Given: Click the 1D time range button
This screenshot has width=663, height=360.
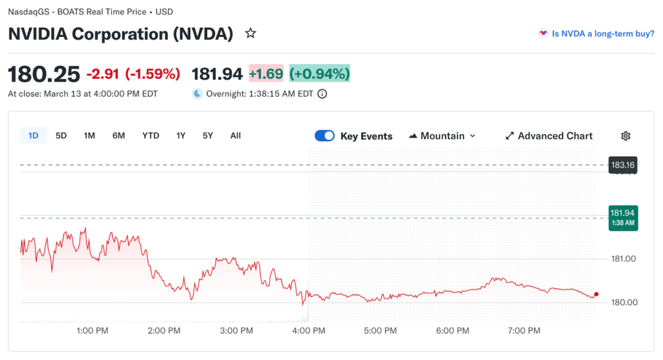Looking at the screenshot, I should (33, 136).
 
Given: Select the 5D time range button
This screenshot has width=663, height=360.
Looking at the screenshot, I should (61, 136).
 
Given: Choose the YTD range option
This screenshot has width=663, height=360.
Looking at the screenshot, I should (151, 136).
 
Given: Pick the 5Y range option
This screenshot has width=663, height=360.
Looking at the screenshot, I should (207, 136).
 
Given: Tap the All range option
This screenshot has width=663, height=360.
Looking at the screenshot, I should (236, 136).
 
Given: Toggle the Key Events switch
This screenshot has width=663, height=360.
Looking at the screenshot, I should (324, 136).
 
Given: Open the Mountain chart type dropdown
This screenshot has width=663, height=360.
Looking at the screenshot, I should (443, 136).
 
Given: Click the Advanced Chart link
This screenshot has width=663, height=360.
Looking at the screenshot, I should (548, 136).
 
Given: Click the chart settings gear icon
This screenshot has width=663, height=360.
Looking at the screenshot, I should (625, 136).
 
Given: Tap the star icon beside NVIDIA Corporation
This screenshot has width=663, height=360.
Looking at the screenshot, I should (251, 34).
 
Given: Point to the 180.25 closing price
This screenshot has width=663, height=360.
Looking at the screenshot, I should (44, 74).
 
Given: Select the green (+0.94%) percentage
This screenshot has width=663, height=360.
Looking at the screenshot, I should (319, 74).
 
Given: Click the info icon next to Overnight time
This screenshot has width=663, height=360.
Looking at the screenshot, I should (322, 94).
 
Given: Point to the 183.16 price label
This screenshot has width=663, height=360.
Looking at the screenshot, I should (622, 165).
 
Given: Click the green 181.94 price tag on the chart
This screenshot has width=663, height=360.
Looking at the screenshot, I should (622, 217).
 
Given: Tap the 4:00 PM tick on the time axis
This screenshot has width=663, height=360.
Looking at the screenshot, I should (309, 331).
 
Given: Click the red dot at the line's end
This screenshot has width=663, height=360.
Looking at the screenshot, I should (596, 294).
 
